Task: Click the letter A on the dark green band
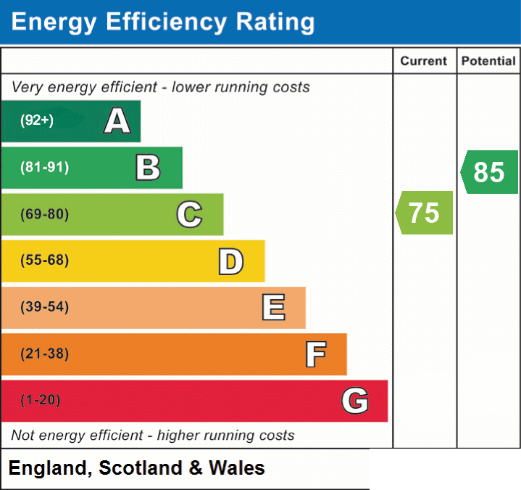pyautogui.click(x=117, y=121)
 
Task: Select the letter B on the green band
pyautogui.click(x=149, y=168)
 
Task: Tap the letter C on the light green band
pyautogui.click(x=189, y=214)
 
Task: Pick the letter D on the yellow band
pyautogui.click(x=231, y=261)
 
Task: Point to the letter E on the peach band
pyautogui.click(x=273, y=307)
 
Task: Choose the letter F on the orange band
pyautogui.click(x=316, y=354)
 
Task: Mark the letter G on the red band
pyautogui.click(x=355, y=401)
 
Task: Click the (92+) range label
pyautogui.click(x=37, y=120)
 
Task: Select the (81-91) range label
pyautogui.click(x=44, y=167)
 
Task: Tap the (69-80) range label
pyautogui.click(x=44, y=214)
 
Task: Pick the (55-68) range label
pyautogui.click(x=44, y=260)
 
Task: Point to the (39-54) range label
pyautogui.click(x=44, y=306)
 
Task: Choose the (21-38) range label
pyautogui.click(x=44, y=354)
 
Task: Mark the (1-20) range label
pyautogui.click(x=41, y=400)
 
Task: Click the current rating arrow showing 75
pyautogui.click(x=424, y=213)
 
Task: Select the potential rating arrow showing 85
pyautogui.click(x=489, y=172)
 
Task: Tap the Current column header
pyautogui.click(x=424, y=61)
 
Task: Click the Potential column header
pyautogui.click(x=488, y=61)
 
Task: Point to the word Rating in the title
pyautogui.click(x=275, y=23)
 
